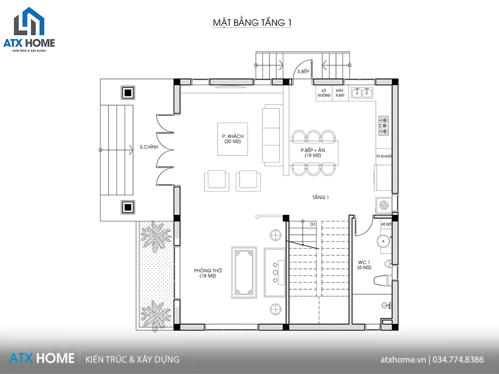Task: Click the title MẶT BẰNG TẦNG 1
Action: tap(252, 23)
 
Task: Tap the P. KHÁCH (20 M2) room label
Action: tap(232, 139)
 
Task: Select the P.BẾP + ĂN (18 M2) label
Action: tap(313, 153)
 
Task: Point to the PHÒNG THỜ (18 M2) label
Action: tap(208, 273)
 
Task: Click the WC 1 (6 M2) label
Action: tap(364, 265)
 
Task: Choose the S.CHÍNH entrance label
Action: tap(149, 147)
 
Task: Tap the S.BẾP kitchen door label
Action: tap(303, 71)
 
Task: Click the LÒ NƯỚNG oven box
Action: tap(324, 93)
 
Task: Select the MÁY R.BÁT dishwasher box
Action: tap(340, 93)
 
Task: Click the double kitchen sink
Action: tap(362, 93)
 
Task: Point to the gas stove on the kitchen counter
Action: tap(383, 125)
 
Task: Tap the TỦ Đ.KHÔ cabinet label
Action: tap(384, 156)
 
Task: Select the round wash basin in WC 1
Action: tap(383, 241)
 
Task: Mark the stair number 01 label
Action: tap(313, 224)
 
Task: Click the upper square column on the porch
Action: tap(128, 93)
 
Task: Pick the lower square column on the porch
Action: tap(128, 207)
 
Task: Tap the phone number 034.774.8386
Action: tap(458, 359)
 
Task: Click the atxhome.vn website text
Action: tap(403, 360)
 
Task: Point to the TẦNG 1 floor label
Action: tap(320, 197)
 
